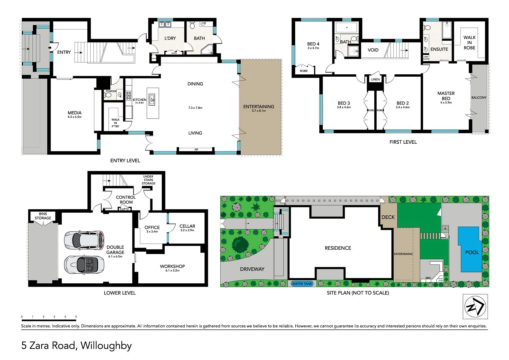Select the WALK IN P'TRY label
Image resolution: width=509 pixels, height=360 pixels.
[x=115, y=123]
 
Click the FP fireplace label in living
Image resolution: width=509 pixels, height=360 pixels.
[x=196, y=150]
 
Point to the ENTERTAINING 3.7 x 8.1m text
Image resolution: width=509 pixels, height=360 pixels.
[x=259, y=108]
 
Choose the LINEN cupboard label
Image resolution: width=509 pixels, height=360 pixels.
[x=375, y=79]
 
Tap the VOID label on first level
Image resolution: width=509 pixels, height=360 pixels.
[x=373, y=50]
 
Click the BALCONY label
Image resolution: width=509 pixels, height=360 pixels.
[x=479, y=98]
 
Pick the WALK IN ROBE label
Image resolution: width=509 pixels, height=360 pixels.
[x=469, y=43]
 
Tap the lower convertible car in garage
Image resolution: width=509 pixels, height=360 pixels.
[x=84, y=265]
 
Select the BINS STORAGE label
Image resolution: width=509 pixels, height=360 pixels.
[x=43, y=216]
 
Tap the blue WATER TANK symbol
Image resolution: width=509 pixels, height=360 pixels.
[x=302, y=284]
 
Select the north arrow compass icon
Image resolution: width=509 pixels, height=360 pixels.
[x=475, y=307]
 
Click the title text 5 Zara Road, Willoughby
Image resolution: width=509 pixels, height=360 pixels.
[x=77, y=345]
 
